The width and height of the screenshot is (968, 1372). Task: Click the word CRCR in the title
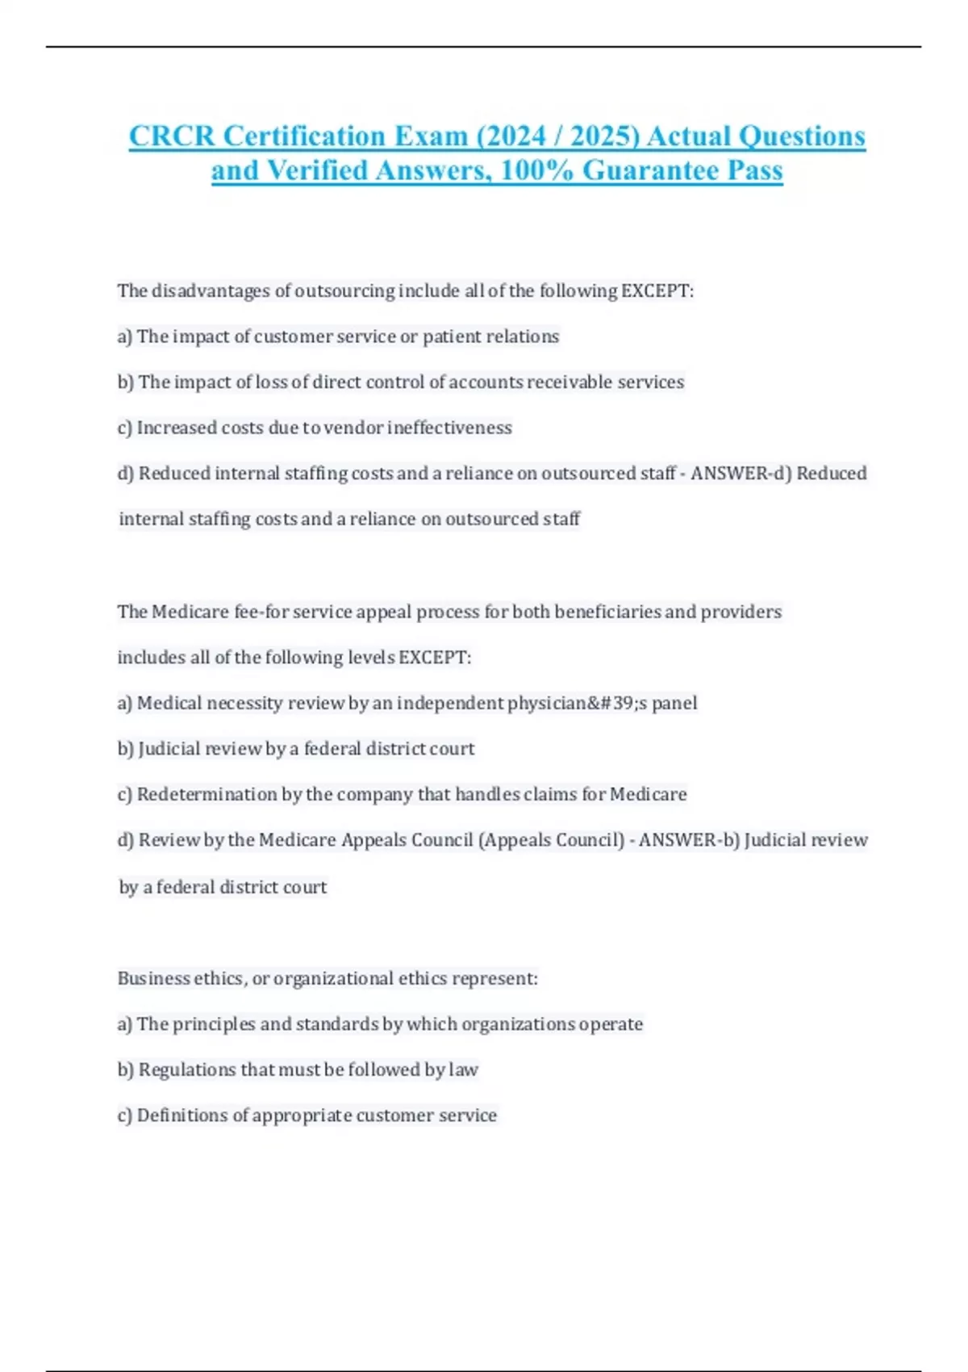point(172,136)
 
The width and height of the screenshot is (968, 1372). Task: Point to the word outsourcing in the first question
point(344,291)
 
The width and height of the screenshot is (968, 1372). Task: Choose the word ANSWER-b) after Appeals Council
point(689,840)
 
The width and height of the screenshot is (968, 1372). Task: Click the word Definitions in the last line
point(182,1115)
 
